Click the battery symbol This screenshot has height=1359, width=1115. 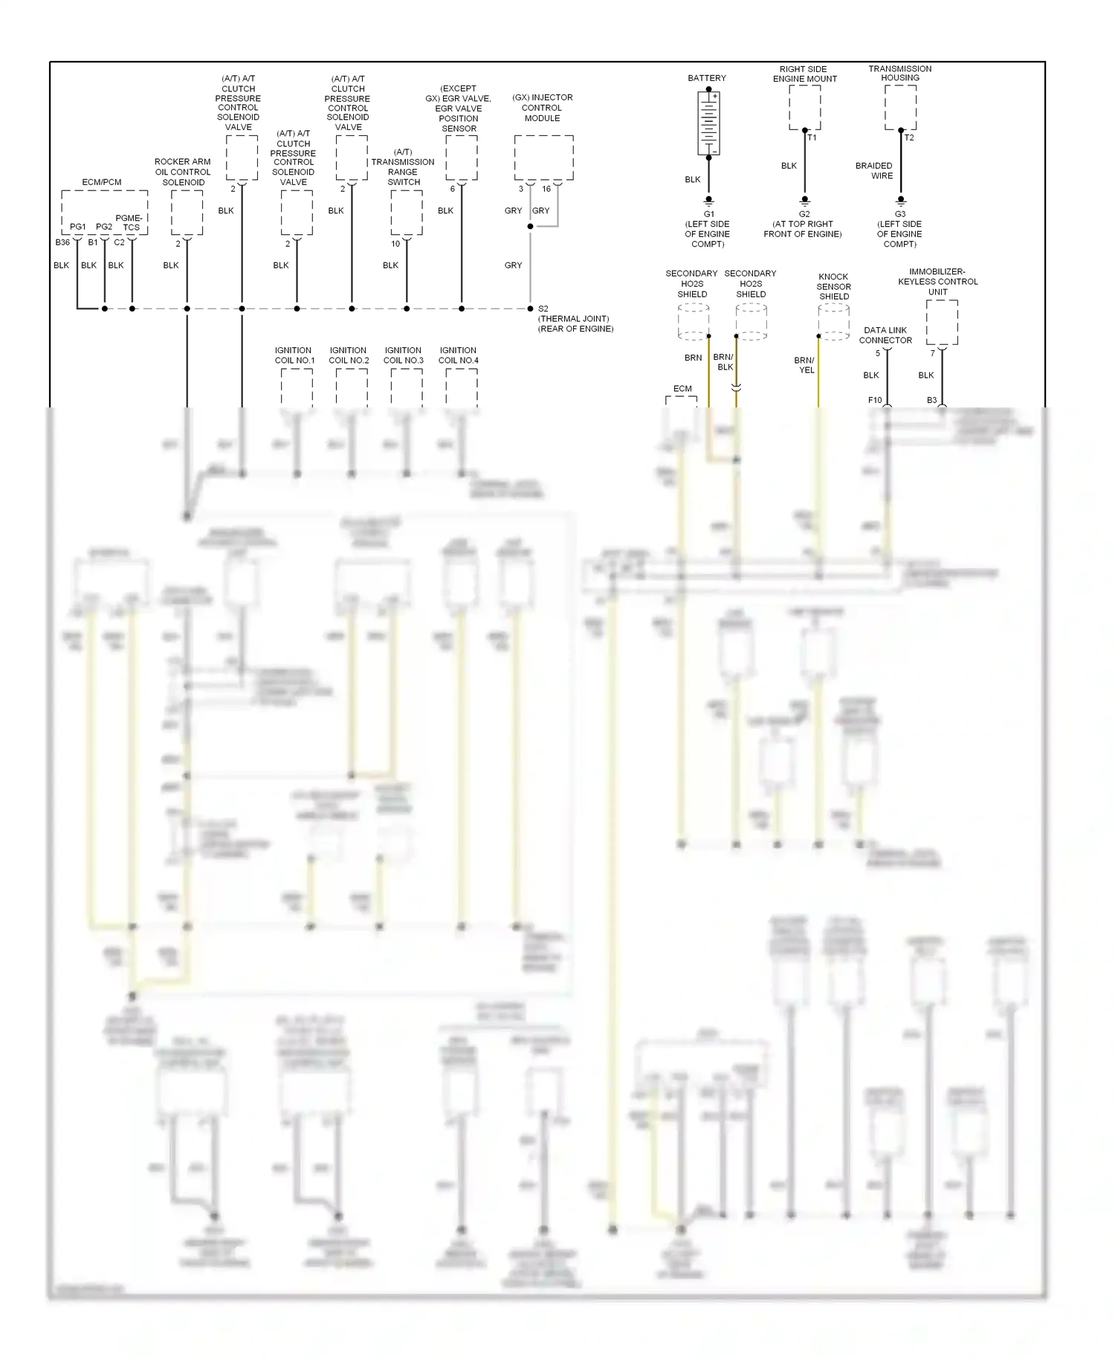point(708,123)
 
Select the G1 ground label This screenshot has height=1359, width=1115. point(708,214)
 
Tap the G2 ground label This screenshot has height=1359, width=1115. point(804,214)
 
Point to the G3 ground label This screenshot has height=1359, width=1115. point(900,214)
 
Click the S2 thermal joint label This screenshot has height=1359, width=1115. point(543,309)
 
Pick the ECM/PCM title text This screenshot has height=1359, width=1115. point(102,182)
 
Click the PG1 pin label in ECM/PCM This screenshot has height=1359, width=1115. point(78,227)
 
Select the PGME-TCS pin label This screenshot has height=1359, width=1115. point(130,223)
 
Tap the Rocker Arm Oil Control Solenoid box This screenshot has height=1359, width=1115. point(187,213)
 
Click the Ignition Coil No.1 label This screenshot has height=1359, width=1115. point(294,355)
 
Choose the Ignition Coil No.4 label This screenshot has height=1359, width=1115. point(459,355)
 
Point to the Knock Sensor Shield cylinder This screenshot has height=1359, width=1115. point(833,322)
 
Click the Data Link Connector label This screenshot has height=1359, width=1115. point(885,335)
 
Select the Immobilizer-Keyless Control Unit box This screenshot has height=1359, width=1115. point(942,322)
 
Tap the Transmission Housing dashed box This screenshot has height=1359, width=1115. point(900,107)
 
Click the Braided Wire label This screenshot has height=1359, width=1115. point(874,171)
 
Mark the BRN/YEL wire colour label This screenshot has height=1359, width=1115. point(805,365)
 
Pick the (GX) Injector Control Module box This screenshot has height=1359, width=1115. point(543,158)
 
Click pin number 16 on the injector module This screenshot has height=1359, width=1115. point(546,189)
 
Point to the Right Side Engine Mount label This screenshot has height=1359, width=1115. point(804,74)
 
